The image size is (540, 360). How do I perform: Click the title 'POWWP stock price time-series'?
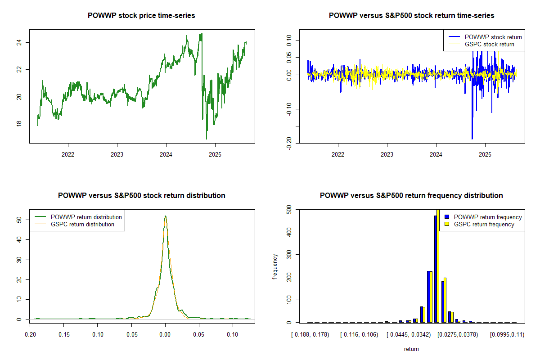pyautogui.click(x=142, y=16)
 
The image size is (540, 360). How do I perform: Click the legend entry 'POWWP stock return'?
pyautogui.click(x=493, y=37)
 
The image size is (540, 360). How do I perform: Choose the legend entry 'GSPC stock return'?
pyautogui.click(x=489, y=44)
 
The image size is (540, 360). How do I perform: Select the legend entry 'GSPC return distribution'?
pyautogui.click(x=82, y=224)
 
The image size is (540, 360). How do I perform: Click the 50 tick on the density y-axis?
pyautogui.click(x=19, y=220)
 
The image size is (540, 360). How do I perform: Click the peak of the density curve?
pyautogui.click(x=165, y=216)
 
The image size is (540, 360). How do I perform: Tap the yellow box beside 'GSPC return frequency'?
pyautogui.click(x=447, y=224)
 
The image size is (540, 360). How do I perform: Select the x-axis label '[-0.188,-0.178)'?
pyautogui.click(x=310, y=335)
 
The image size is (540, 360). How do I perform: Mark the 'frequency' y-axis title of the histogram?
pyautogui.click(x=275, y=266)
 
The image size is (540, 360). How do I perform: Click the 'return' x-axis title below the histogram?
pyautogui.click(x=411, y=349)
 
